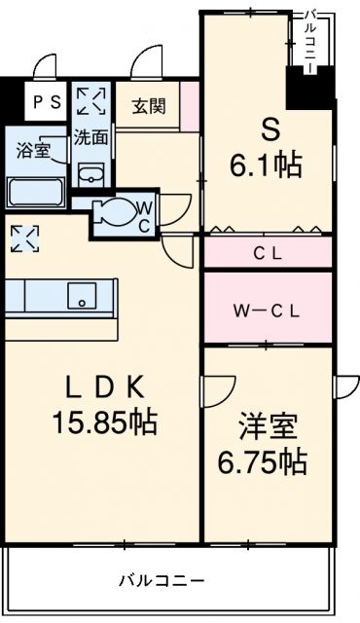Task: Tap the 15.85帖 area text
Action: click(x=106, y=423)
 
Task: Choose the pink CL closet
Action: click(x=268, y=254)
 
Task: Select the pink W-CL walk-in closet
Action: click(x=268, y=311)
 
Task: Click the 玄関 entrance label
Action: click(x=149, y=105)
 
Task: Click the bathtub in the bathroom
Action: click(x=35, y=191)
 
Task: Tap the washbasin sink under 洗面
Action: click(x=91, y=174)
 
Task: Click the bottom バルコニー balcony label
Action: click(x=162, y=580)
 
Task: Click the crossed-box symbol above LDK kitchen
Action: click(x=25, y=238)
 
